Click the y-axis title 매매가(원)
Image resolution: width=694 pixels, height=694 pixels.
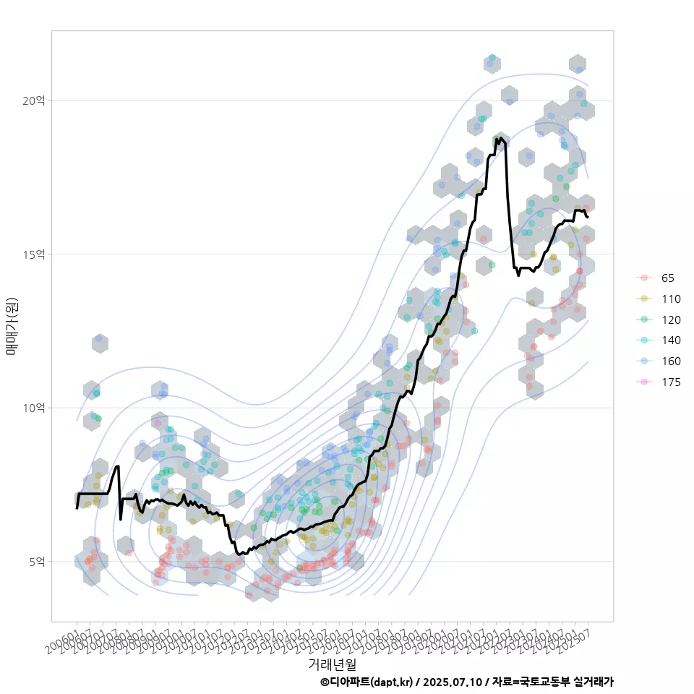click(12, 325)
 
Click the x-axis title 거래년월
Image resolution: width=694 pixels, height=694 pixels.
click(333, 663)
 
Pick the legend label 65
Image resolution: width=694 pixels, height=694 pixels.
click(667, 278)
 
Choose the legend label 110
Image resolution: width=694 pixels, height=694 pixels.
click(671, 299)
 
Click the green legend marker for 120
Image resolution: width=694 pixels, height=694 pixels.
click(644, 320)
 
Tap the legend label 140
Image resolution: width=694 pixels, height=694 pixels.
click(671, 340)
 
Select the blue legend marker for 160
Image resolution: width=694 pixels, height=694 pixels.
click(644, 361)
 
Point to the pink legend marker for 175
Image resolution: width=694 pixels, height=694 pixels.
click(644, 382)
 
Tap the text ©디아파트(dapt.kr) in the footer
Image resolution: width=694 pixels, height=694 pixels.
click(367, 682)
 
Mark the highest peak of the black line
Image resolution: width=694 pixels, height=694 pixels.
click(500, 137)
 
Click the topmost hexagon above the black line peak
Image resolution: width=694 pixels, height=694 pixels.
click(493, 64)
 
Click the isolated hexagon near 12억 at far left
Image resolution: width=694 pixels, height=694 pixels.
click(100, 343)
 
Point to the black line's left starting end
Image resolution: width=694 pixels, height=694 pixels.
click(77, 508)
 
